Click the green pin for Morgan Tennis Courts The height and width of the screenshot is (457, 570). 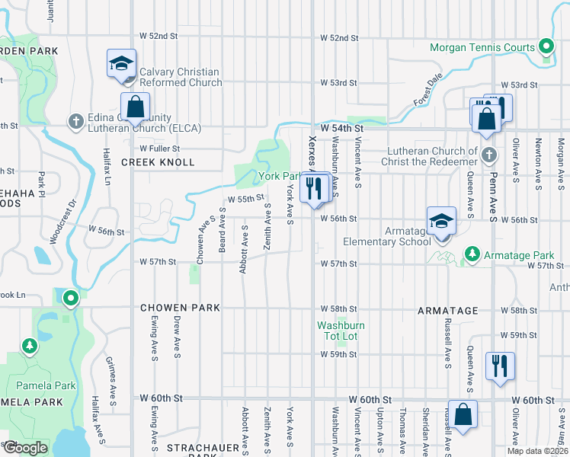(x=546, y=47)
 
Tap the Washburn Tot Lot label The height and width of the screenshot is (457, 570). (x=341, y=331)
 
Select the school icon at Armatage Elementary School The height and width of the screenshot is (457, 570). (x=441, y=222)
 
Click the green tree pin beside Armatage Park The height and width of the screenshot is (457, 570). (x=472, y=253)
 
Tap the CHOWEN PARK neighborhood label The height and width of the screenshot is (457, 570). (x=180, y=308)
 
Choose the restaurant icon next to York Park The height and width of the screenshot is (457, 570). (x=315, y=187)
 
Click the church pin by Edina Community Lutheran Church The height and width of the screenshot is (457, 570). (x=75, y=121)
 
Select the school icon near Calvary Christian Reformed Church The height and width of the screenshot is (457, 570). (x=121, y=65)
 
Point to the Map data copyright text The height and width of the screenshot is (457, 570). (x=537, y=451)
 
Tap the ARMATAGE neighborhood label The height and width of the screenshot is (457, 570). (x=447, y=311)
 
